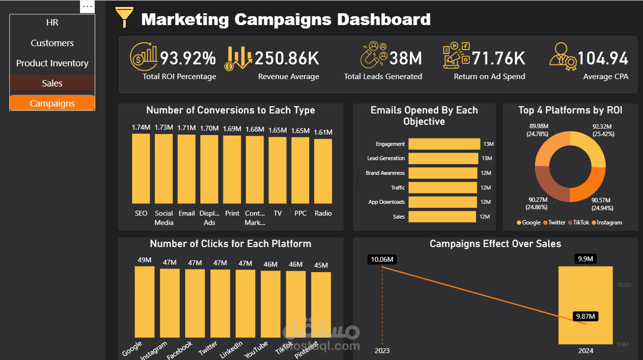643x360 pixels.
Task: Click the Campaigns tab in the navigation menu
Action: pos(52,103)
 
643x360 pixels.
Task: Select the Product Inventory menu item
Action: pos(52,63)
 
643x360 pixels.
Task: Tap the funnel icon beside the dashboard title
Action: pos(124,18)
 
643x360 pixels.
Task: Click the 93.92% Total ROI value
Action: pos(188,58)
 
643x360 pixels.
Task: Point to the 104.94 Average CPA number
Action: pos(602,58)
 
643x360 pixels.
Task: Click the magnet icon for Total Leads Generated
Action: pos(374,55)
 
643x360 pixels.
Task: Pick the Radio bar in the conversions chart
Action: pos(323,171)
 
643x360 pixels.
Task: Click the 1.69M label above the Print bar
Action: pos(232,129)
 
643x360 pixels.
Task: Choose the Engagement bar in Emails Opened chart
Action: pos(444,144)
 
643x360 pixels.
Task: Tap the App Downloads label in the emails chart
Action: pos(386,202)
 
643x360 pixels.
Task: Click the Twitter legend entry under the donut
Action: pos(554,222)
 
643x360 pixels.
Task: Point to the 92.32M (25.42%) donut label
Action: pos(603,130)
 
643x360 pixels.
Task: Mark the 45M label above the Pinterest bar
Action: pos(321,265)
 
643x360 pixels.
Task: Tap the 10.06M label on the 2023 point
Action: pos(381,259)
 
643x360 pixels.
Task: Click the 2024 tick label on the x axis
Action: pos(586,351)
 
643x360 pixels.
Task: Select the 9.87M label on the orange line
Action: pos(586,317)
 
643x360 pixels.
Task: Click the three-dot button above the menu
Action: pos(87,6)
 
